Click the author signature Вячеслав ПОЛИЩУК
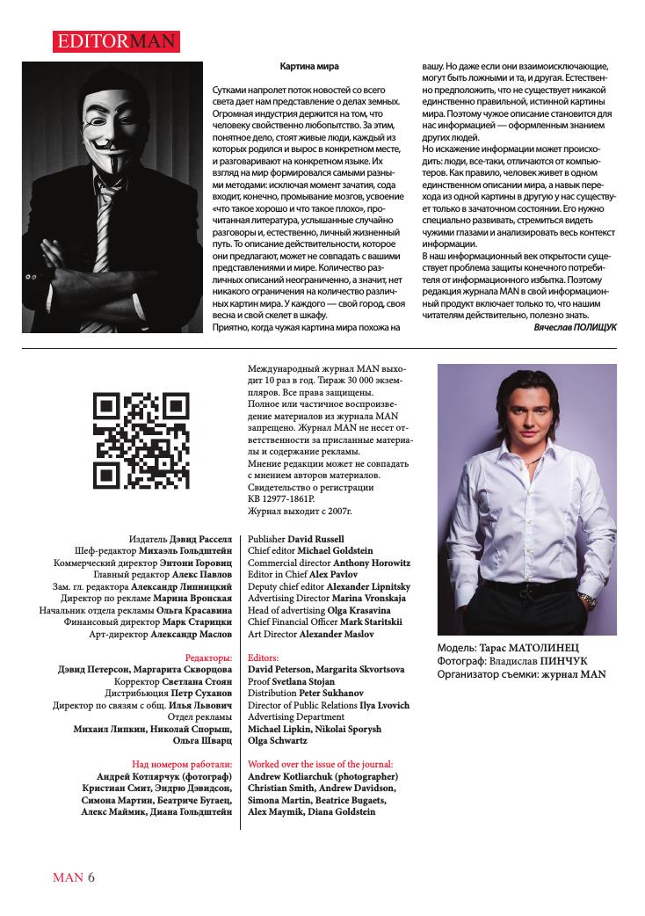[x=575, y=326]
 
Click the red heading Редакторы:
[x=209, y=657]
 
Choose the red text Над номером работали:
[x=182, y=764]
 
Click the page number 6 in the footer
[x=91, y=877]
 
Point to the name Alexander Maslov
[x=340, y=633]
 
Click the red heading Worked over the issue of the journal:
[x=321, y=764]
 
